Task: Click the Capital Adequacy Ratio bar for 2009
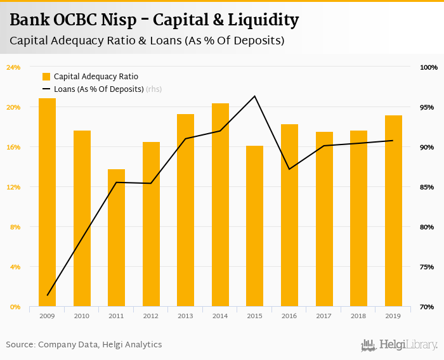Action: pos(47,203)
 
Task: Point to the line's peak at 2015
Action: pos(254,96)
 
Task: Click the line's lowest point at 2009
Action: pos(47,295)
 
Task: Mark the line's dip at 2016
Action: pos(289,169)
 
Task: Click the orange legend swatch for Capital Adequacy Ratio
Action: pos(46,76)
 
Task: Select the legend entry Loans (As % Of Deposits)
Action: pos(98,89)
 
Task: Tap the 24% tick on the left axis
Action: pos(13,67)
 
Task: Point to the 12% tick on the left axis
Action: pos(13,187)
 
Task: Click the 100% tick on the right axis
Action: pos(429,67)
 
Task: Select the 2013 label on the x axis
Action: pos(185,316)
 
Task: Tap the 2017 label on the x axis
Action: pos(323,316)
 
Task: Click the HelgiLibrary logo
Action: pos(399,345)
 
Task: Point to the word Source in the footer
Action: pos(20,345)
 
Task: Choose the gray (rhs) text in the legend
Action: pos(154,89)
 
